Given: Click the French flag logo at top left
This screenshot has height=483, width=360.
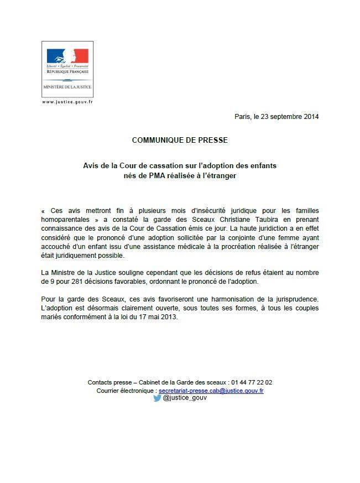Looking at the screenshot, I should coord(67,56).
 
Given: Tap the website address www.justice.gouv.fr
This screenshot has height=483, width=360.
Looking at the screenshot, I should coord(67,102).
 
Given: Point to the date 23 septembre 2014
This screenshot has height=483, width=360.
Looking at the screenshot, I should coord(288,117).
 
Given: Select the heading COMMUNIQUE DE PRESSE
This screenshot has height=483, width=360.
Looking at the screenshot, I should coord(180,141).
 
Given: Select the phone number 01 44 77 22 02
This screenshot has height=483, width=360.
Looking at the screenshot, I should coord(251,382).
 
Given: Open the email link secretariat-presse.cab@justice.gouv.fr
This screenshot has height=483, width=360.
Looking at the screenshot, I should coord(211,390).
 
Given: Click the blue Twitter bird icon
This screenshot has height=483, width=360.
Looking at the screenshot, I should coord(157,398).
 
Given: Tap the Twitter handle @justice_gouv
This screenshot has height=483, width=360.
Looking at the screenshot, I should coord(185,398).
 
